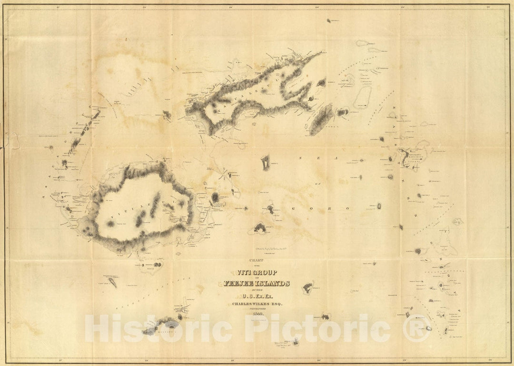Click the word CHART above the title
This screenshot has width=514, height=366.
(252, 260)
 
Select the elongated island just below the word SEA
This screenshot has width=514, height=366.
(265, 163)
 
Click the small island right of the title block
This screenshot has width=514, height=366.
(308, 287)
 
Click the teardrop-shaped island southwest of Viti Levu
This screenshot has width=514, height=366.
(113, 283)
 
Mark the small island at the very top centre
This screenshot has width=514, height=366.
(329, 21)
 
